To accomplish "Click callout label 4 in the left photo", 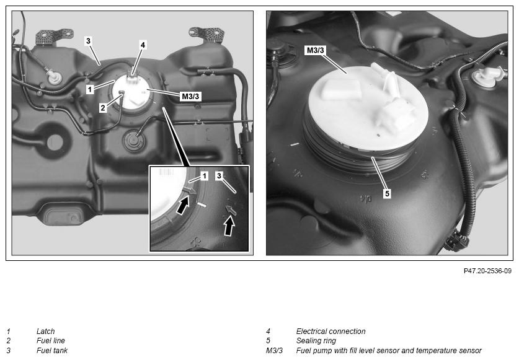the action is coord(143,45).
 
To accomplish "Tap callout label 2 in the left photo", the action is coord(103,108).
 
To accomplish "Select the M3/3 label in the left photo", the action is coord(190,96).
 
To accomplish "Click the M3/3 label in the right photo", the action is coord(316,50).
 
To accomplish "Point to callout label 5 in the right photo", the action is coord(388,193).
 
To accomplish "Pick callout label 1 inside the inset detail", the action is coord(204,176).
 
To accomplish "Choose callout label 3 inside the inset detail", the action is coord(219,176).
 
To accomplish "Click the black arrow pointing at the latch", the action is coord(183,204).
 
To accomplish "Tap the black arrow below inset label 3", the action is coord(229,226).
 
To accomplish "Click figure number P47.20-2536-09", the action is coord(487,271).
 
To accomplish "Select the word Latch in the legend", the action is coord(45,331).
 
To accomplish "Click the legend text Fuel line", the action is coord(51,340).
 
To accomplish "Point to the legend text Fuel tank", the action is coord(52,351).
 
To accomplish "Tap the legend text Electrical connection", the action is coord(330,331).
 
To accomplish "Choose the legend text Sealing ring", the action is coord(316,340).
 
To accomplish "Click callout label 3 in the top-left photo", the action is coord(88,41).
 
